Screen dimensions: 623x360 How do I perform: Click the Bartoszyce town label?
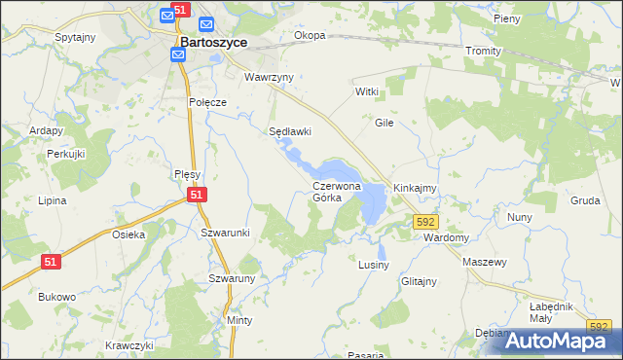[x=213, y=43]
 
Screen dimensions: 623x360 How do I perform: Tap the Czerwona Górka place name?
[x=337, y=191]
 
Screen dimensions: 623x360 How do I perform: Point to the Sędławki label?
[x=290, y=131]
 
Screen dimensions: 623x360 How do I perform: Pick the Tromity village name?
[x=483, y=51]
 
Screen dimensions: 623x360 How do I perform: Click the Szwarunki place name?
[x=226, y=233]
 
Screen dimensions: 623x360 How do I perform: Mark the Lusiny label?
[x=374, y=265]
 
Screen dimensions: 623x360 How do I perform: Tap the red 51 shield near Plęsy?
[x=197, y=196]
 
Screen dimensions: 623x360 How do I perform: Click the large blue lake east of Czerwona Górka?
[x=372, y=201]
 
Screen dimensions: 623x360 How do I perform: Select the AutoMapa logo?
[x=558, y=340]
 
